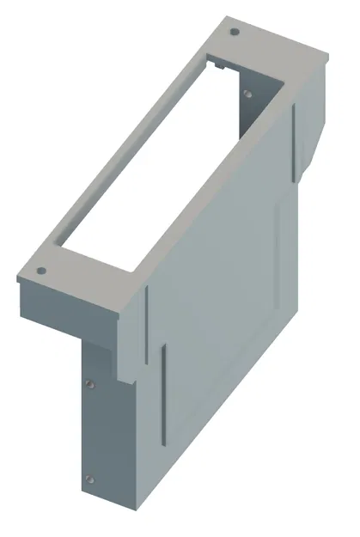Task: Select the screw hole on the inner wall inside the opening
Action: point(247,93)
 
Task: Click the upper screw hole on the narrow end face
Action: point(88,383)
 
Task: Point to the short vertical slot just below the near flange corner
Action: point(147,314)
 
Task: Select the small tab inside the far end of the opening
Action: point(219,64)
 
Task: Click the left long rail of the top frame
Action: point(120,146)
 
